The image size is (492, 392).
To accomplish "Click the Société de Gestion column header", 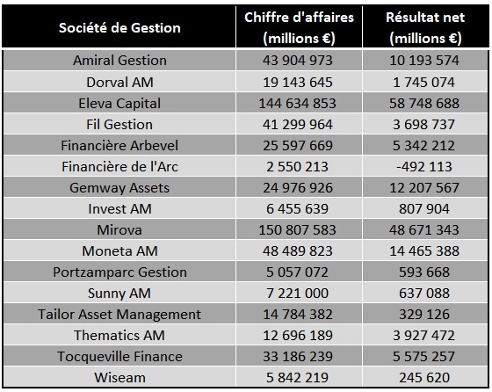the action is pyautogui.click(x=119, y=28).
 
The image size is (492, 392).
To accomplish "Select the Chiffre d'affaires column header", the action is pyautogui.click(x=299, y=27).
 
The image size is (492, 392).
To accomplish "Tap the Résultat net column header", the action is pyautogui.click(x=425, y=27).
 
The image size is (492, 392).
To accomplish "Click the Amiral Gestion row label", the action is pyautogui.click(x=119, y=61).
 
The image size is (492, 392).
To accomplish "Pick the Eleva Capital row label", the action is pyautogui.click(x=119, y=103).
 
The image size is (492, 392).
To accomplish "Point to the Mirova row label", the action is pyautogui.click(x=119, y=229).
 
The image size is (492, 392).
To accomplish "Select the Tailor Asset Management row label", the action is pyautogui.click(x=119, y=314).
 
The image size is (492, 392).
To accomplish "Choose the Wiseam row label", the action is pyautogui.click(x=119, y=378).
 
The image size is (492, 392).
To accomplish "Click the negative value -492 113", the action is pyautogui.click(x=424, y=167).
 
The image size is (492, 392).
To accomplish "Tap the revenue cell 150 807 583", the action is pyautogui.click(x=298, y=229).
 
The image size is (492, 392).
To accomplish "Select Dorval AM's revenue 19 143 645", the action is pyautogui.click(x=298, y=83).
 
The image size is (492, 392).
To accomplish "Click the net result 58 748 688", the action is pyautogui.click(x=424, y=103).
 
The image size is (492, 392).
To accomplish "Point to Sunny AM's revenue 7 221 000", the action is pyautogui.click(x=298, y=294).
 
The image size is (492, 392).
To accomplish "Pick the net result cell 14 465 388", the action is pyautogui.click(x=424, y=251).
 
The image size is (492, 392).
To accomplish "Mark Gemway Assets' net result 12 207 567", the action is pyautogui.click(x=424, y=188).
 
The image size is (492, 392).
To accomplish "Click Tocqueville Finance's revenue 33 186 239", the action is pyautogui.click(x=298, y=357).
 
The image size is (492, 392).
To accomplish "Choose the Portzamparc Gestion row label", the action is pyautogui.click(x=119, y=272).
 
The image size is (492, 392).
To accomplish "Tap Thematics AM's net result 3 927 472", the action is pyautogui.click(x=424, y=335).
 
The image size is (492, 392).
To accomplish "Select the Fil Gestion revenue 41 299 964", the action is pyautogui.click(x=298, y=124).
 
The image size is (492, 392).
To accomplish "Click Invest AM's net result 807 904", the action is pyautogui.click(x=424, y=208).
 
